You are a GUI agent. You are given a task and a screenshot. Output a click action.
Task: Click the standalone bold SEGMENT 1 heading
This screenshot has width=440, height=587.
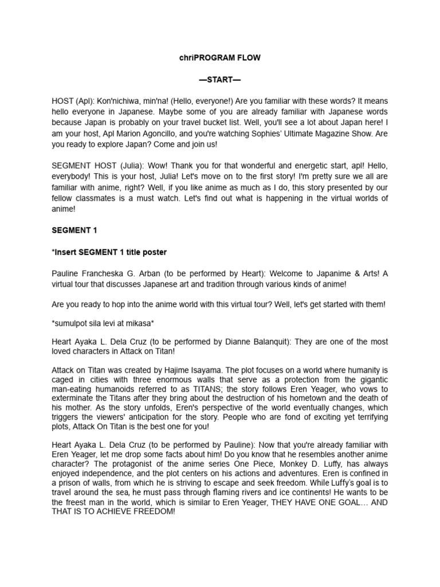click(75, 230)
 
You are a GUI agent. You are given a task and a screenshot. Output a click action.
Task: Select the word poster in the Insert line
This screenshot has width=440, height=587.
click(154, 252)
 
